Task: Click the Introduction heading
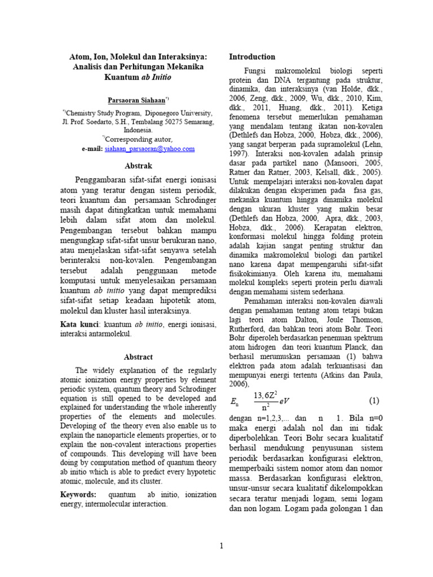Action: click(252, 57)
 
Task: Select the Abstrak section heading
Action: click(138, 166)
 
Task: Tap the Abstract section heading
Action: click(138, 357)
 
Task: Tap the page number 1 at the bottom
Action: click(222, 546)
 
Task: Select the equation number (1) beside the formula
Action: click(374, 401)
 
